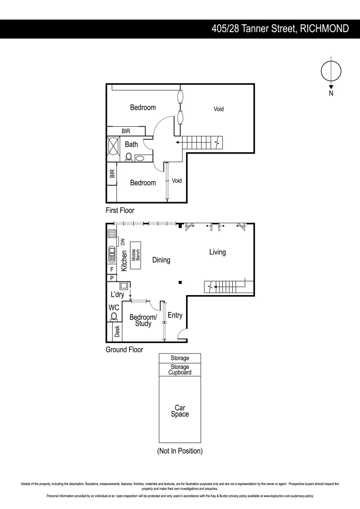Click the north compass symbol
pos(331,71)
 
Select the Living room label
pos(217,252)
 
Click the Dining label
pos(161,260)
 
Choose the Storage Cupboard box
pos(180,369)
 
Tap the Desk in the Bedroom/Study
pos(117,332)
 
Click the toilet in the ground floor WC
pos(113,317)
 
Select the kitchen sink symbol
pos(112,254)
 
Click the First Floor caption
pos(120,211)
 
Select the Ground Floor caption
pos(124,350)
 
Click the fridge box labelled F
pos(112,269)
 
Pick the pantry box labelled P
pos(112,278)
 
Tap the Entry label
pos(174,315)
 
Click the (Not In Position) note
pos(180,451)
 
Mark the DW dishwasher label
pos(123,242)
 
